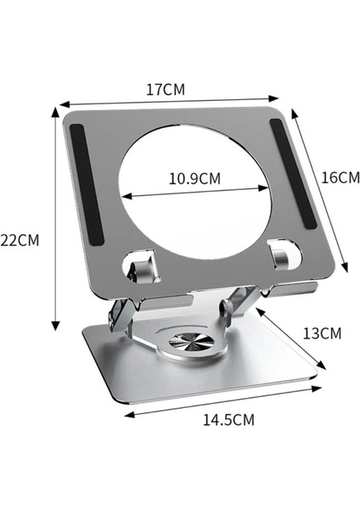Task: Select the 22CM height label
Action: pos(20,240)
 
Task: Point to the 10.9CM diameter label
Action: pos(194,179)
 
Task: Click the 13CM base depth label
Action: pos(322,333)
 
